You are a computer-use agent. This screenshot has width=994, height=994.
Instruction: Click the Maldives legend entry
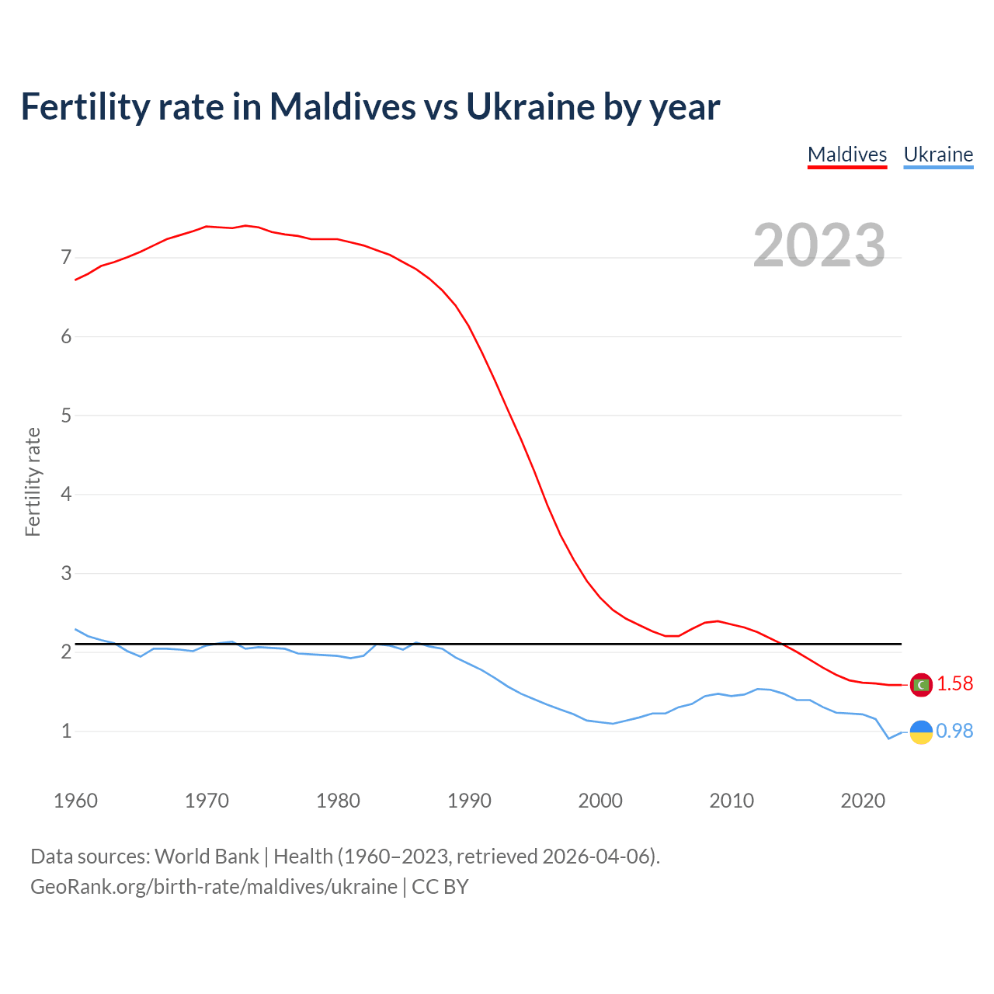[x=847, y=155]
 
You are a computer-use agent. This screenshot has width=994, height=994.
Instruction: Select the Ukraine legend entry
[x=938, y=155]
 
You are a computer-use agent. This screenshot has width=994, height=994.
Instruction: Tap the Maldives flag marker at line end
[x=921, y=684]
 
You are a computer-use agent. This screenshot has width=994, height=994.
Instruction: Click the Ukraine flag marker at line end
[x=921, y=732]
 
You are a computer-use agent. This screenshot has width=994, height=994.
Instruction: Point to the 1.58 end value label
[x=955, y=684]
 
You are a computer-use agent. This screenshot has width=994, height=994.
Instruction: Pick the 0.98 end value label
[x=955, y=732]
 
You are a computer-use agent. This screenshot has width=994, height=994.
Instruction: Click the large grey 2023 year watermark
[x=819, y=245]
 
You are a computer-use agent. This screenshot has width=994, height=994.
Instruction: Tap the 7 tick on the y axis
[x=66, y=257]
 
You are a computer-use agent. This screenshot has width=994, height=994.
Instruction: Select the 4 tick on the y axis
[x=66, y=494]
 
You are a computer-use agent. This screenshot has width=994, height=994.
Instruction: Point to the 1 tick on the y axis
[x=66, y=731]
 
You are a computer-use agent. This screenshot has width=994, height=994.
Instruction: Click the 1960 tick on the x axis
[x=75, y=801]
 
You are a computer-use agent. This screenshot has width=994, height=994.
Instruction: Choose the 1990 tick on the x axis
[x=469, y=801]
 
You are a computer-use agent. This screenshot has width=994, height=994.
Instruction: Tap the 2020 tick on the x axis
[x=863, y=801]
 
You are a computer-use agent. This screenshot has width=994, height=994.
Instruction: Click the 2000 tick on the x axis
[x=600, y=801]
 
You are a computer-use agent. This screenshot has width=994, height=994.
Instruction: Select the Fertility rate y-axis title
[x=33, y=481]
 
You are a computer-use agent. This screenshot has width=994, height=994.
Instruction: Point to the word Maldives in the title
[x=342, y=106]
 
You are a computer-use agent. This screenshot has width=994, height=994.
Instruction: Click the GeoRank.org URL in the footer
[x=214, y=887]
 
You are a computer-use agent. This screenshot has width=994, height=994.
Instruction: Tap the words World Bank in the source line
[x=207, y=857]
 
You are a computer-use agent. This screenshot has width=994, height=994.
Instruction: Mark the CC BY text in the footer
[x=440, y=887]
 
